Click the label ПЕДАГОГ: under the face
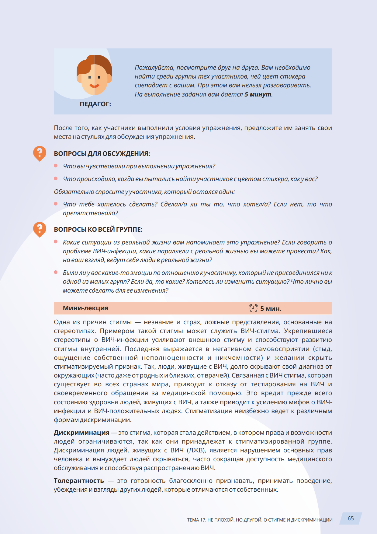(x=95, y=104)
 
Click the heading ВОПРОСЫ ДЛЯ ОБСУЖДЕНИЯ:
(x=102, y=154)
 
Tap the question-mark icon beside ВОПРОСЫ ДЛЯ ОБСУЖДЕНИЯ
(x=40, y=153)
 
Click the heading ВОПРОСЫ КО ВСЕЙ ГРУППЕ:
(x=98, y=230)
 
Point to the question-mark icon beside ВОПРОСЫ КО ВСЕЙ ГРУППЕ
(x=40, y=229)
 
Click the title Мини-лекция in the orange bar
(x=85, y=308)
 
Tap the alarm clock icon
(x=253, y=308)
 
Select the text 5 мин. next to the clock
(x=271, y=309)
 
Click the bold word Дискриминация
(x=81, y=433)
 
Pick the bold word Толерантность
(x=79, y=481)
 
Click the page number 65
(x=351, y=518)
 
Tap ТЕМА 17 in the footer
(x=196, y=520)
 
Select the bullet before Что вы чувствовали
(x=56, y=166)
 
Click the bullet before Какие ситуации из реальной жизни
(x=56, y=242)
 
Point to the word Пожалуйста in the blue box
(x=154, y=68)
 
